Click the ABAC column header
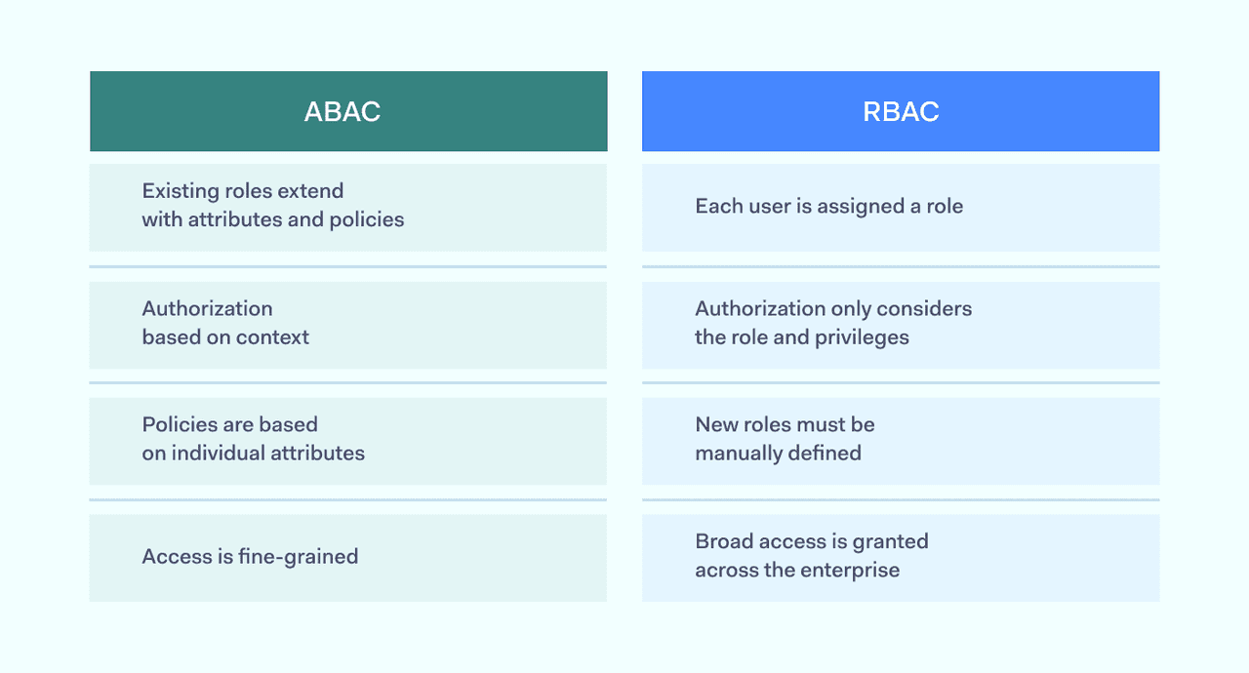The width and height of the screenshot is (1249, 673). coord(348,111)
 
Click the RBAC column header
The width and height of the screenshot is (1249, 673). coord(901,111)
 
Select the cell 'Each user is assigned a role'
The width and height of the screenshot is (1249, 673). coord(901,207)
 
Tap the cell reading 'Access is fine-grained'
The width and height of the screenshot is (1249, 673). coord(348,558)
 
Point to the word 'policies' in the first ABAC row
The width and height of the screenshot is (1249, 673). coord(367,220)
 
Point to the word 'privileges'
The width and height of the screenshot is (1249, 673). coord(862,337)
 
